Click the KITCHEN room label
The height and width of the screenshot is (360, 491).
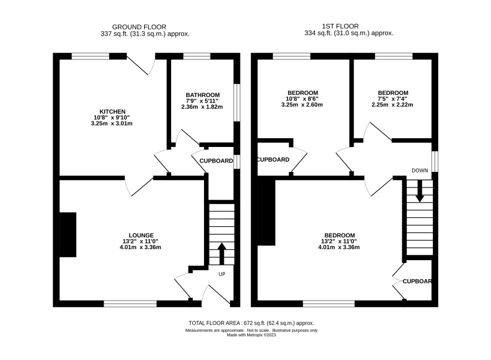pos(112,111)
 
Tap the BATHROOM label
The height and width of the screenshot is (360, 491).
pos(203,95)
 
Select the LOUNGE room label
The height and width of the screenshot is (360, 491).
pos(141,235)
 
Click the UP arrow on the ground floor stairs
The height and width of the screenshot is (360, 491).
pos(222,253)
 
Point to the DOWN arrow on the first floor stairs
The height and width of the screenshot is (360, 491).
pos(420,191)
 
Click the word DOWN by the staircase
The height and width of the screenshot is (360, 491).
pos(420,170)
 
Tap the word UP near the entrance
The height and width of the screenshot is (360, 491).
pos(222,274)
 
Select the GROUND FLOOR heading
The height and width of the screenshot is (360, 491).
pos(139,27)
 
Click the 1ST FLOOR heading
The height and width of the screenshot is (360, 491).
pos(340,26)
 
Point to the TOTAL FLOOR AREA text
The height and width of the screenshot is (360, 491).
pos(251,323)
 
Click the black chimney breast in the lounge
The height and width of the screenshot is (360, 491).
pos(68,235)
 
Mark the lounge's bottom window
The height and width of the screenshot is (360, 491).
pos(130,303)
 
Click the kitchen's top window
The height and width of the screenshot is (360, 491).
pos(90,56)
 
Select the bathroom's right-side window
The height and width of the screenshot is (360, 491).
pos(237,103)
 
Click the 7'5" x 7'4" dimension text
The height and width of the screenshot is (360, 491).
pos(392,99)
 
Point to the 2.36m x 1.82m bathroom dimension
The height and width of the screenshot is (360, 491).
pos(202,107)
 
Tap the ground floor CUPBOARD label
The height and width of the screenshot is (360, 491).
pos(216,161)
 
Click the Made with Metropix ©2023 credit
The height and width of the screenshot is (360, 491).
pos(251,335)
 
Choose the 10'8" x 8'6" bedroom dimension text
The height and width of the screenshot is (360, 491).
pos(303,99)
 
